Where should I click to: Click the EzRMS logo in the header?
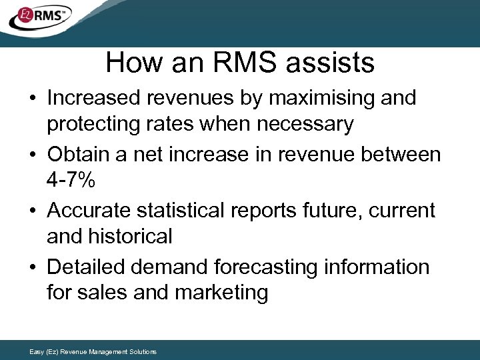coord(39,17)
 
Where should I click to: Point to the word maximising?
coord(311,99)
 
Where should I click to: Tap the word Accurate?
coord(89,211)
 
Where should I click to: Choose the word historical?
coord(132,236)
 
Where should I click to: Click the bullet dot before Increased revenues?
coord(33,99)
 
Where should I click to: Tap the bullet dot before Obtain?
coord(33,155)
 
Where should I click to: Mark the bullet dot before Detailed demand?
coord(33,267)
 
